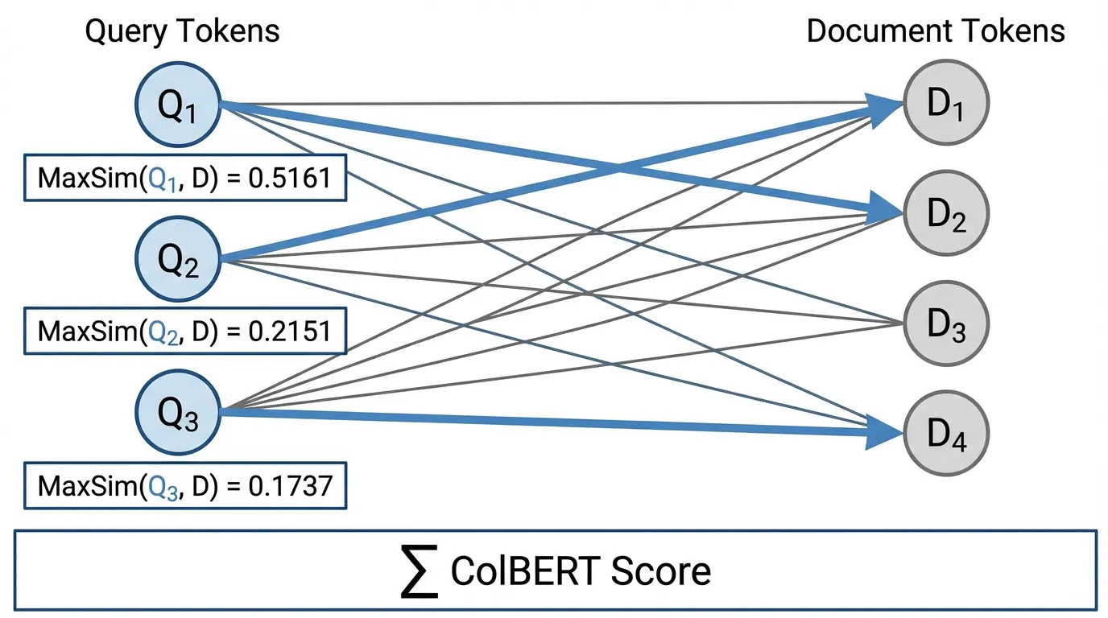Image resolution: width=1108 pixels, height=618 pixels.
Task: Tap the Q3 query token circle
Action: (x=178, y=414)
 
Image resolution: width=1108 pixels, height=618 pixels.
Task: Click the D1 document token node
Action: (x=945, y=102)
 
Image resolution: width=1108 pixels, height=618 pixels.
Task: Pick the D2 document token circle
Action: (x=945, y=212)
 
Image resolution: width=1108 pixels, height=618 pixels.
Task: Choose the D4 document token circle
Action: (x=945, y=434)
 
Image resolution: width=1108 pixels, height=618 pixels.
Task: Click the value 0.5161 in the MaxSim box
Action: (x=290, y=176)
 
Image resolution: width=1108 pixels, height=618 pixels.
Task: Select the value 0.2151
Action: (x=290, y=331)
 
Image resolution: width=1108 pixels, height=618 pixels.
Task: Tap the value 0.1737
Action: (x=290, y=486)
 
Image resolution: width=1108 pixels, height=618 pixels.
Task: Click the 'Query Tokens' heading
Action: (x=182, y=31)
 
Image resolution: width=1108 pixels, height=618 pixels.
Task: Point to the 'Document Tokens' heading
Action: (x=936, y=31)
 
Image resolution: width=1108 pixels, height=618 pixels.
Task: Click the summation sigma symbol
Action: (x=420, y=572)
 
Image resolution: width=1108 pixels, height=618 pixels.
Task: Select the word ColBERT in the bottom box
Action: (x=525, y=571)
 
